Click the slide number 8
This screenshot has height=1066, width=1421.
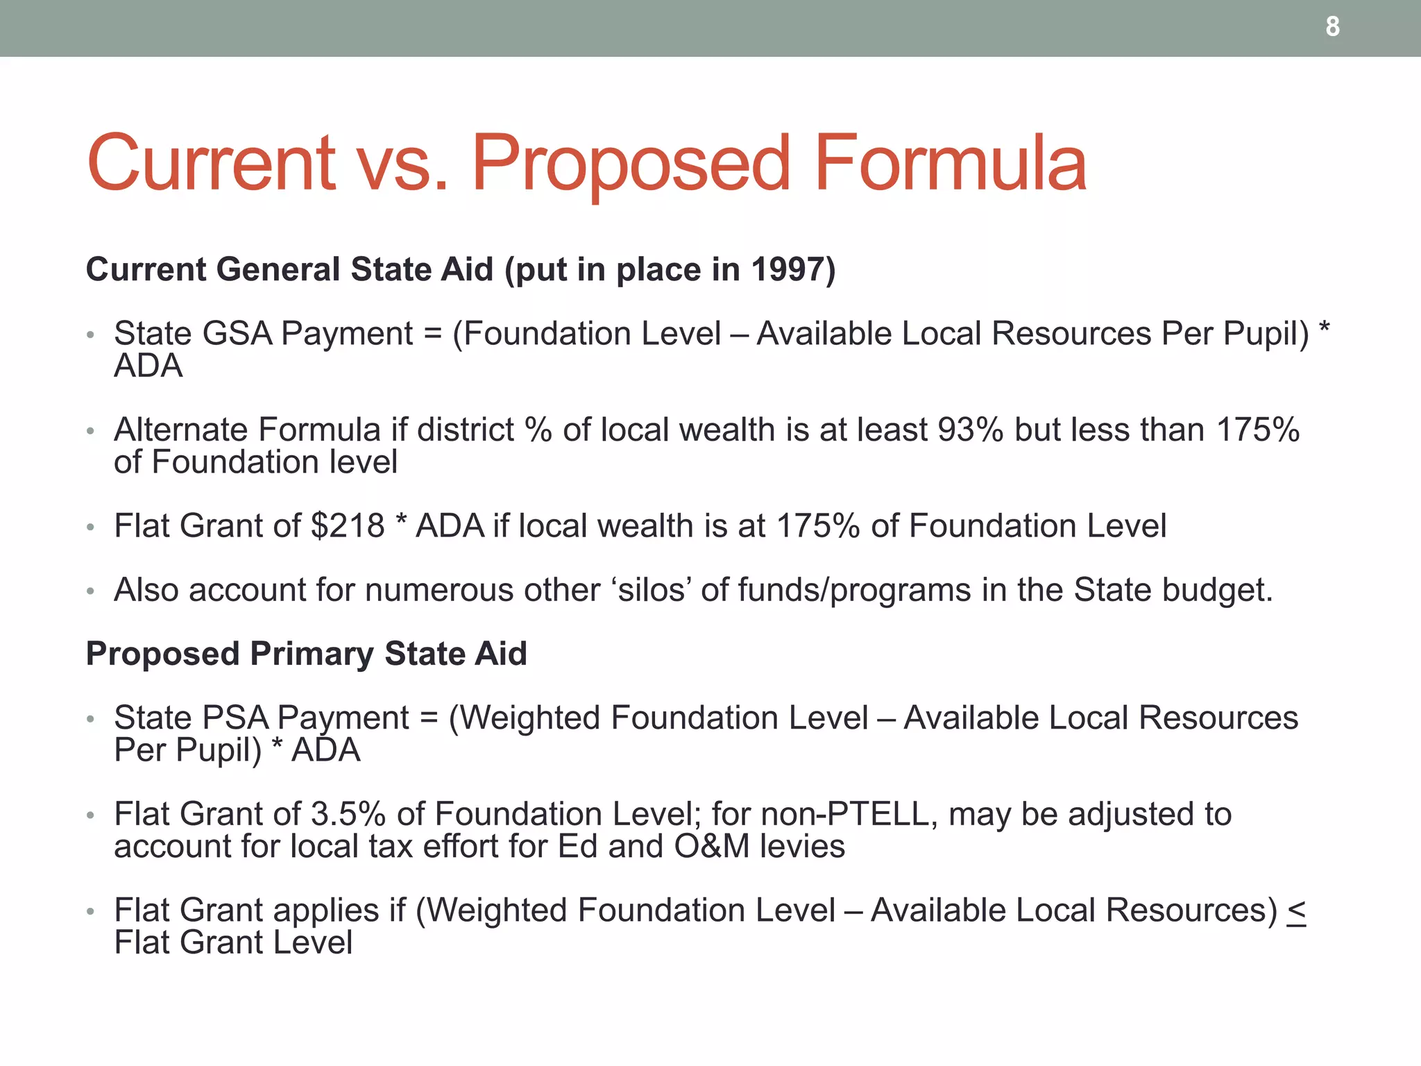click(x=1332, y=27)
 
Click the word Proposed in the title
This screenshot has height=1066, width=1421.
click(x=631, y=164)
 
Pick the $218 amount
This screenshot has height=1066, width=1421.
click(x=348, y=526)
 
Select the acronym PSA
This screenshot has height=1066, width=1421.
click(x=234, y=718)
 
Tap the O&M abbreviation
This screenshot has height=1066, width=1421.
click(x=712, y=847)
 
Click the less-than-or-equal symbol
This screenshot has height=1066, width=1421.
click(x=1296, y=911)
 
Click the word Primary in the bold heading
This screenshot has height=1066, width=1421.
click(x=312, y=654)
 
